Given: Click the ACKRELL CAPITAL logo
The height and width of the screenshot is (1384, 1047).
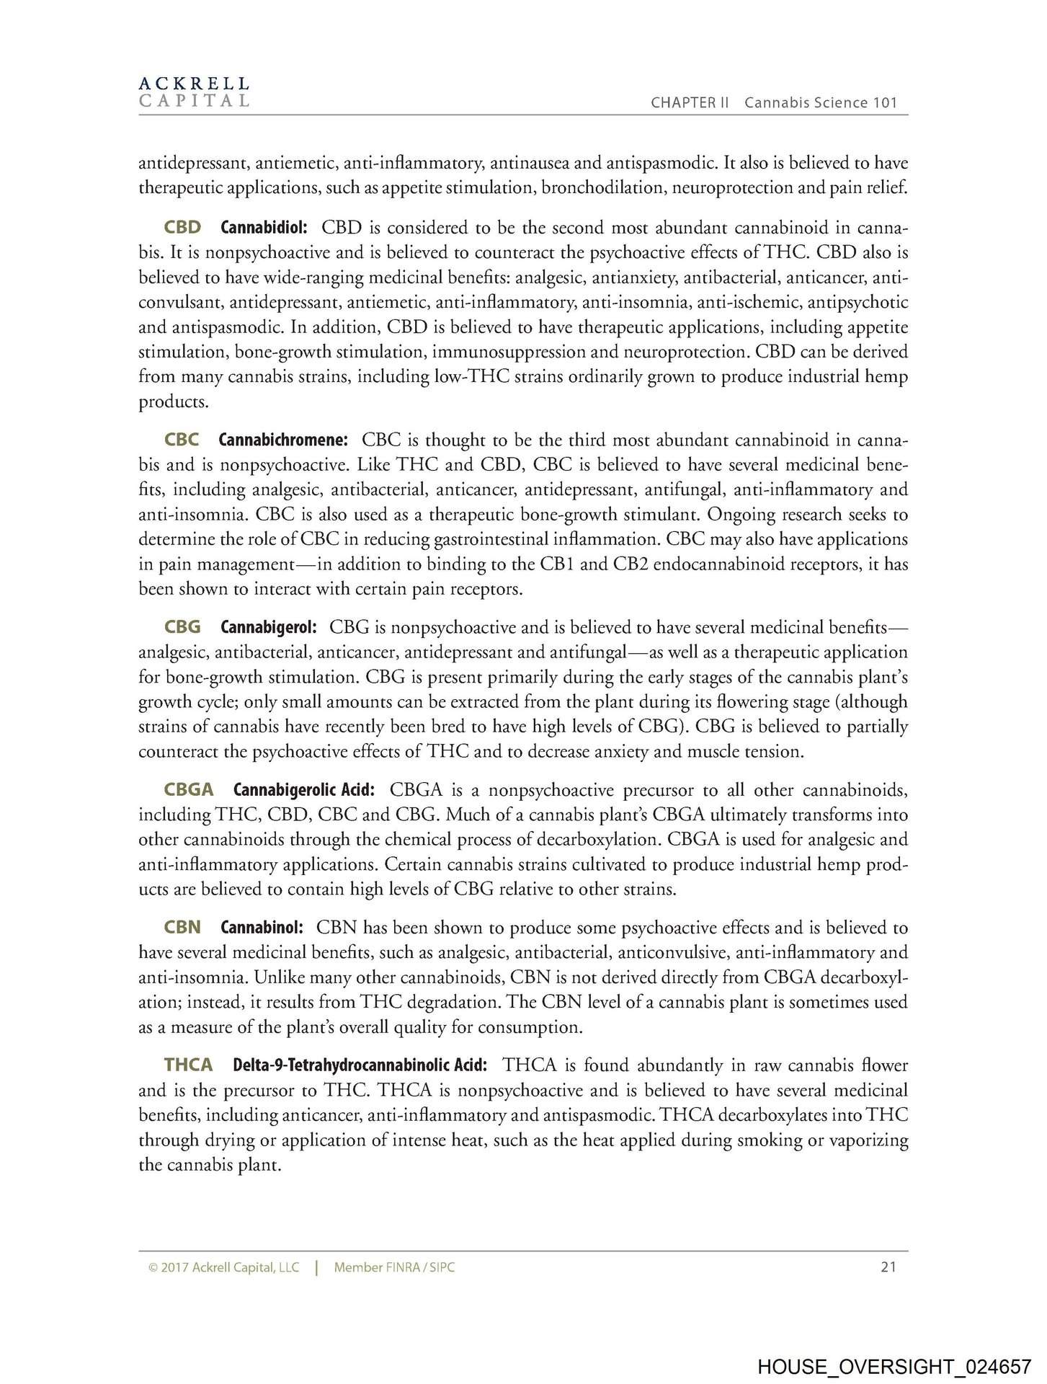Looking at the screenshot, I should click(x=194, y=92).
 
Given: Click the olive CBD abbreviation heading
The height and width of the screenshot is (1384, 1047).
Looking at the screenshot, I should click(x=182, y=228).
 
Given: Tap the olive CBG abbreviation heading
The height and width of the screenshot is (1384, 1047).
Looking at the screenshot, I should click(x=182, y=627).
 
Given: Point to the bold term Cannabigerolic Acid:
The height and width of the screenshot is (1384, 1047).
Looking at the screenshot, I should click(x=304, y=790).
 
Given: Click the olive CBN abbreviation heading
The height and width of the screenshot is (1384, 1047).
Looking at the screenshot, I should click(x=182, y=928).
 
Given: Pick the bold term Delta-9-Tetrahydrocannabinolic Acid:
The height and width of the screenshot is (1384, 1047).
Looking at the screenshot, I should click(x=360, y=1065).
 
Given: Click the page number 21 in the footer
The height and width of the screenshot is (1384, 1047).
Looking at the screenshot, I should click(x=888, y=1267).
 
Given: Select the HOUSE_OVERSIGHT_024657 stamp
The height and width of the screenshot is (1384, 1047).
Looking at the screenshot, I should click(x=894, y=1367).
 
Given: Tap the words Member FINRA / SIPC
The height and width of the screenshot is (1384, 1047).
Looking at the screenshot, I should click(x=394, y=1267).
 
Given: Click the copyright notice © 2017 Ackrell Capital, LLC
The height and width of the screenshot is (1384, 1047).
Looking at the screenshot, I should click(x=223, y=1267).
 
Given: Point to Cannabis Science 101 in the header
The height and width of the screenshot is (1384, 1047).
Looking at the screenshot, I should click(x=821, y=102).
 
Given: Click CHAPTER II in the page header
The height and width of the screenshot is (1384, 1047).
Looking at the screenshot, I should click(x=690, y=102).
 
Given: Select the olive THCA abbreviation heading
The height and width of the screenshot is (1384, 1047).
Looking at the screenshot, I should click(x=188, y=1065).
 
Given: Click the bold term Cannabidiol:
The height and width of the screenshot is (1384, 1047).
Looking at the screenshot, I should click(x=264, y=228).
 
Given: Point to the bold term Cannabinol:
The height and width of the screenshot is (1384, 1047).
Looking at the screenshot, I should click(x=262, y=928).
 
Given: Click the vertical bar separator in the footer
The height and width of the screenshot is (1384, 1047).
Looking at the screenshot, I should click(x=316, y=1267).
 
